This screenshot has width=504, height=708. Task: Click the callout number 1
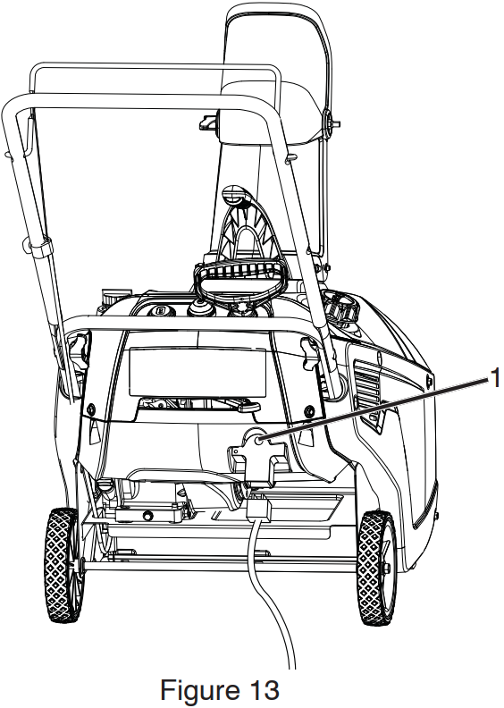495,377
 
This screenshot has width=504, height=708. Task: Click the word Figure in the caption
197,689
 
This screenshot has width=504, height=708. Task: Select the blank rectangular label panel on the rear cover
197,371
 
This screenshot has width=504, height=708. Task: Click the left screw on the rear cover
91,409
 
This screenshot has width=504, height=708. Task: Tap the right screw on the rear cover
308,411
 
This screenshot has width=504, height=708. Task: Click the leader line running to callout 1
375,409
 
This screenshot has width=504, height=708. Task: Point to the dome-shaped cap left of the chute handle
199,309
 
